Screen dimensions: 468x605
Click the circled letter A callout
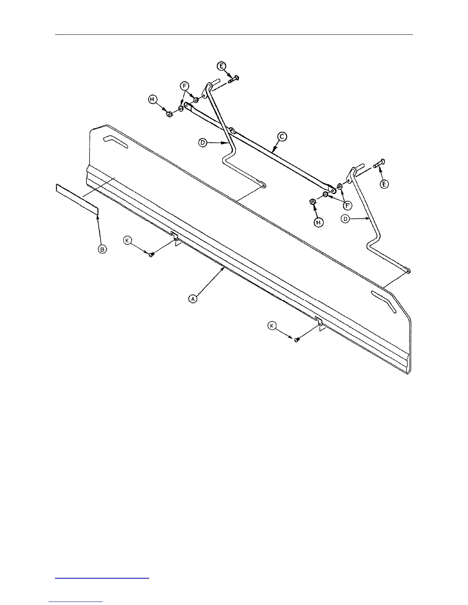pyautogui.click(x=193, y=299)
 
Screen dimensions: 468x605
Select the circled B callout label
pyautogui.click(x=102, y=249)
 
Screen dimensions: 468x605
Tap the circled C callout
pyautogui.click(x=283, y=136)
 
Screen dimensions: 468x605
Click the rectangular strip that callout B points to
pyautogui.click(x=77, y=199)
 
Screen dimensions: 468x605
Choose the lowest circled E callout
pyautogui.click(x=384, y=184)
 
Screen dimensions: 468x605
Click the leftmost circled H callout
pyautogui.click(x=153, y=100)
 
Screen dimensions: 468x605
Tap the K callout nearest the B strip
pyautogui.click(x=127, y=240)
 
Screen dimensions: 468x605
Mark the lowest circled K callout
pyautogui.click(x=272, y=325)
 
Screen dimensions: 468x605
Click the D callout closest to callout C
pyautogui.click(x=203, y=143)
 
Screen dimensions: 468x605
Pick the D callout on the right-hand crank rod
pyautogui.click(x=345, y=219)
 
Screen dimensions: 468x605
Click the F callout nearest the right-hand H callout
pyautogui.click(x=348, y=205)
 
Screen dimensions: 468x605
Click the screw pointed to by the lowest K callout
pyautogui.click(x=296, y=340)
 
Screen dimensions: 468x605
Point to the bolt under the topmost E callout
pyautogui.click(x=233, y=79)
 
